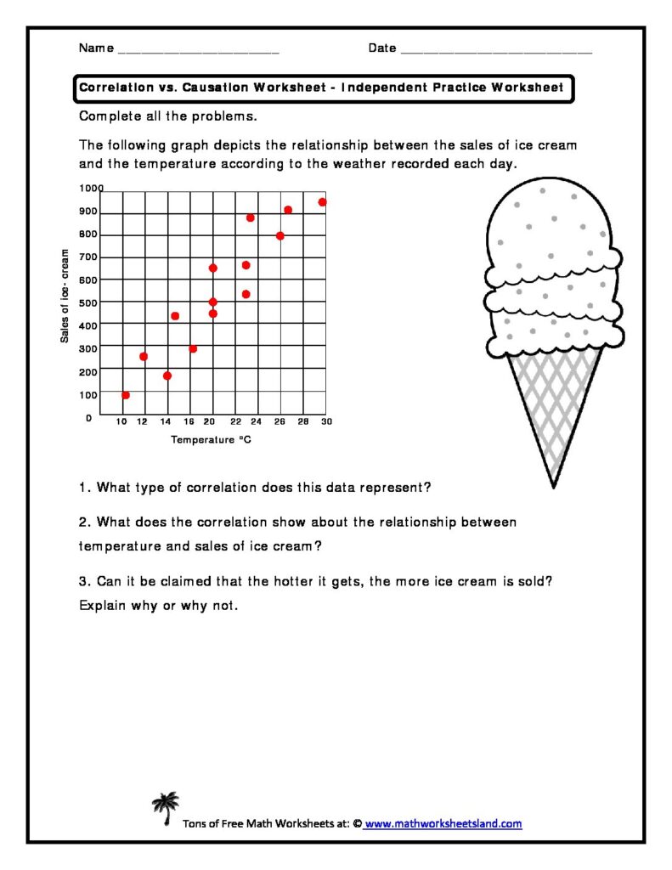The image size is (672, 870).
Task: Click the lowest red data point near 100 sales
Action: point(126,395)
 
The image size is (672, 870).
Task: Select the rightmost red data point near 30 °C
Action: point(322,202)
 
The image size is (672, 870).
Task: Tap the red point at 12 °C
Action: point(144,356)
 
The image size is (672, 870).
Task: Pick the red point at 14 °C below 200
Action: point(167,376)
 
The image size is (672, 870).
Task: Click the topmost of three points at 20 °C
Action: point(212,268)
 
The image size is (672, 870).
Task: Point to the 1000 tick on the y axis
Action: point(91,189)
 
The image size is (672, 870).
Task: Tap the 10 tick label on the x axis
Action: point(122,421)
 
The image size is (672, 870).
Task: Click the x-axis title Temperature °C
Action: point(211,440)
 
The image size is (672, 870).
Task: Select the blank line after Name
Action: point(198,51)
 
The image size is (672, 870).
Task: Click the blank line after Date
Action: point(496,51)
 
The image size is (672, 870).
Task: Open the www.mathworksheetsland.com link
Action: point(443,823)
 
